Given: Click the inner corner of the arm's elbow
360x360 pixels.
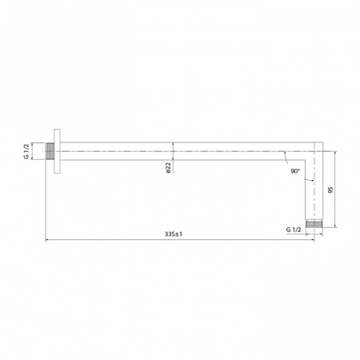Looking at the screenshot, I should (x=306, y=158).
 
